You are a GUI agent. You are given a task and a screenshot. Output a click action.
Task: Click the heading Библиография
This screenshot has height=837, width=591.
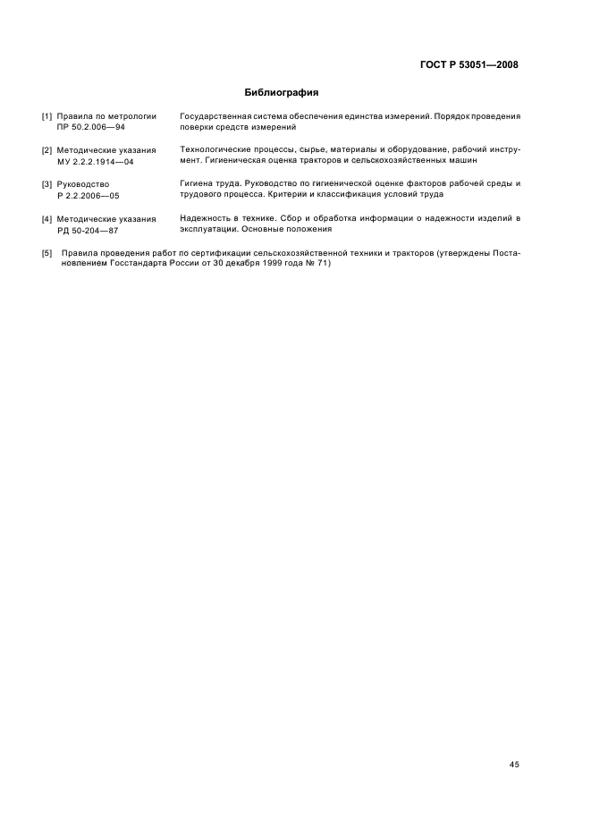[x=282, y=92]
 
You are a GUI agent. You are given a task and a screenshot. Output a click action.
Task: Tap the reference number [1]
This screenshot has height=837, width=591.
[x=47, y=116]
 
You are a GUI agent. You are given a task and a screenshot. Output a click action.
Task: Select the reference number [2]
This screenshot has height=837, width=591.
[x=47, y=150]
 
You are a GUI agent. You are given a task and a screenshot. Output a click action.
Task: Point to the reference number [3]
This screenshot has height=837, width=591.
[x=47, y=184]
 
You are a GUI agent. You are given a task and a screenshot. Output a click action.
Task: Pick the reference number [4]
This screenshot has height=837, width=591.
[x=47, y=219]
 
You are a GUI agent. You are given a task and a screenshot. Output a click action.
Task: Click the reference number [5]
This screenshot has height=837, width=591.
[x=47, y=253]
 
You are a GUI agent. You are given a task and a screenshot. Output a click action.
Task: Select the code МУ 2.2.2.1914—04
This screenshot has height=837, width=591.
[x=95, y=162]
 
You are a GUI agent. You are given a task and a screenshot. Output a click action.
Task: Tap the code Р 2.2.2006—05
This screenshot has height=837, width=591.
[x=89, y=196]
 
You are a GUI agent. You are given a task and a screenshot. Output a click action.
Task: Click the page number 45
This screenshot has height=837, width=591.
[x=514, y=765]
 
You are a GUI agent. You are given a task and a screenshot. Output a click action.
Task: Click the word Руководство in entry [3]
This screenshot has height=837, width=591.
[x=82, y=184]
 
